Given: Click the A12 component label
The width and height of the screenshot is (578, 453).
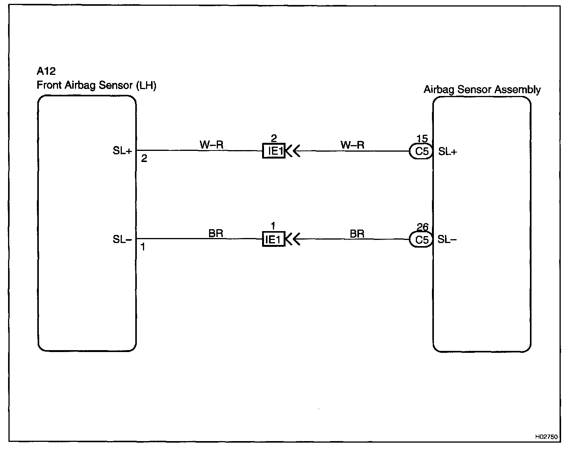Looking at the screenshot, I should pyautogui.click(x=46, y=71).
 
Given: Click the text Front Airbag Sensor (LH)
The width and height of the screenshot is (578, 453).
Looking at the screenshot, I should pyautogui.click(x=96, y=85).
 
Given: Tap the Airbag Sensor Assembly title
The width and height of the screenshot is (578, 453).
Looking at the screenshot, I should pyautogui.click(x=482, y=90).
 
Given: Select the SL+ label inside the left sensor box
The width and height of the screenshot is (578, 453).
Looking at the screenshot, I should pyautogui.click(x=122, y=151).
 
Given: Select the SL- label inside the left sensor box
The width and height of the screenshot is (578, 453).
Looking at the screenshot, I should pyautogui.click(x=122, y=240).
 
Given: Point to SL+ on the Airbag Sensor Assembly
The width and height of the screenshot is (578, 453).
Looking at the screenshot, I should pyautogui.click(x=448, y=152).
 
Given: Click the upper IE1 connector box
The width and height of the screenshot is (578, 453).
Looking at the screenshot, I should pyautogui.click(x=274, y=151).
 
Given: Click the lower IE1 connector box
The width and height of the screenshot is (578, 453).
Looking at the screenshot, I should pyautogui.click(x=274, y=240).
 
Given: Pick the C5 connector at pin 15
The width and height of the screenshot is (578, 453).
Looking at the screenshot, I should pyautogui.click(x=422, y=151).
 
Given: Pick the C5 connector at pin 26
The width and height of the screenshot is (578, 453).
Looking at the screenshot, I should pyautogui.click(x=422, y=240).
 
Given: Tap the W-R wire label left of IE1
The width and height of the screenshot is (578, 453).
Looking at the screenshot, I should pyautogui.click(x=211, y=145).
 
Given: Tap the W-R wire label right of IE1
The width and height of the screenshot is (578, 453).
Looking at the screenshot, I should pyautogui.click(x=352, y=145).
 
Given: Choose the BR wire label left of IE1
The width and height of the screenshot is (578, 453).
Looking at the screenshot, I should pyautogui.click(x=216, y=233).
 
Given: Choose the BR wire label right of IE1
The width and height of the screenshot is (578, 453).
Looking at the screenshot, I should pyautogui.click(x=357, y=233).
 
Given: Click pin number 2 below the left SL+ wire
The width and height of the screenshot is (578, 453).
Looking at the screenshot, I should pyautogui.click(x=144, y=158).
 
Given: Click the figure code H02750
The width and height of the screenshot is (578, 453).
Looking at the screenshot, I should pyautogui.click(x=546, y=437).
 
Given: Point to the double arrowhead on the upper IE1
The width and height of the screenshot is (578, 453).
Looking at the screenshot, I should pyautogui.click(x=293, y=151).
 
